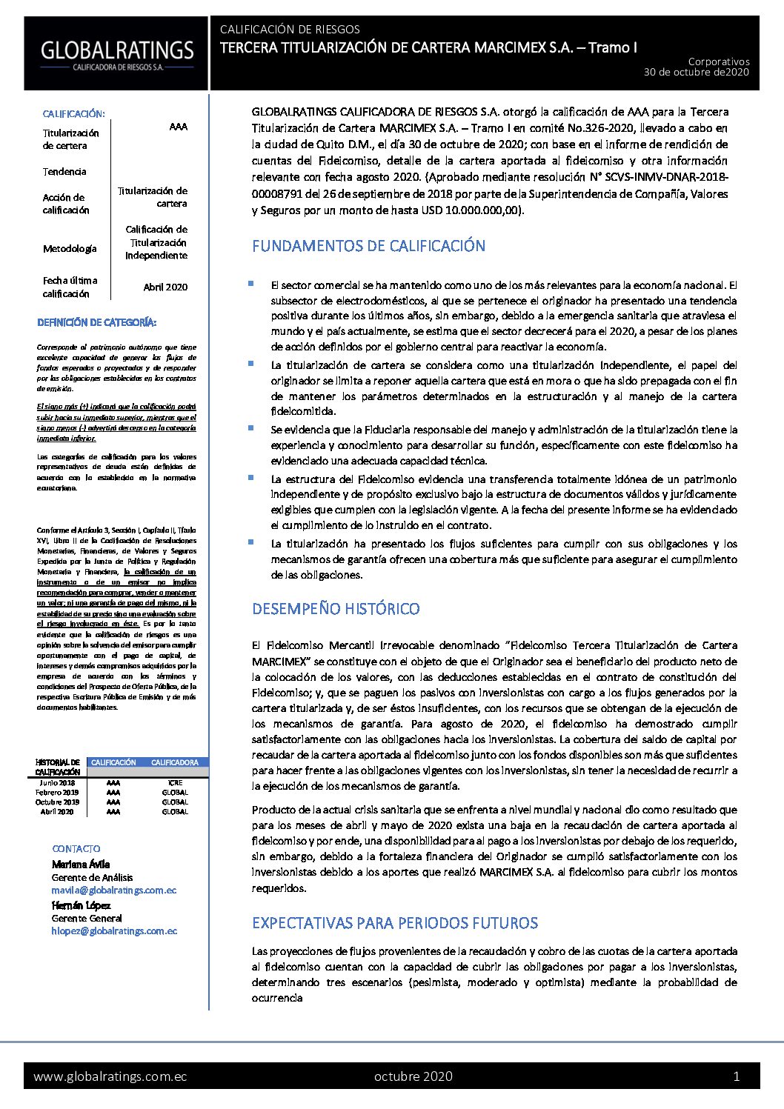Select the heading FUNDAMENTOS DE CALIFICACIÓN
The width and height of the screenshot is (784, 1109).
click(368, 246)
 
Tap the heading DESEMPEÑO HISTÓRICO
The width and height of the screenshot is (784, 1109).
click(336, 609)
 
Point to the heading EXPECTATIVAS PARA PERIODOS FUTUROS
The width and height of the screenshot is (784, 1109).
click(394, 923)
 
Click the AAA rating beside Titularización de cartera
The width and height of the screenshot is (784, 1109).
click(178, 127)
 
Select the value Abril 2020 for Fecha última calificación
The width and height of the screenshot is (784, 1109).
click(165, 287)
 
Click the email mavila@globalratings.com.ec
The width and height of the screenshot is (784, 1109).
click(114, 890)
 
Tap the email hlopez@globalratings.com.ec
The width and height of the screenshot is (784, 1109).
click(114, 931)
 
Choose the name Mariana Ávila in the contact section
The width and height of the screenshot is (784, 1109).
click(81, 864)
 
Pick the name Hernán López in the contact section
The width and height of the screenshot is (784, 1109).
click(81, 905)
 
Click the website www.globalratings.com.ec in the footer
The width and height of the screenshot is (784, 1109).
click(110, 1076)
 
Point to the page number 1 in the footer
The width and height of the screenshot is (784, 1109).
click(736, 1076)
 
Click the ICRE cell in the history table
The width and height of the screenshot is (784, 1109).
click(175, 783)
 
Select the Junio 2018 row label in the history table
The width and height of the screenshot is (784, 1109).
click(57, 783)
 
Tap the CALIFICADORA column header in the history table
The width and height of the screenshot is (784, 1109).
click(175, 762)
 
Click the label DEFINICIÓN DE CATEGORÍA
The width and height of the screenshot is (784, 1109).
click(96, 323)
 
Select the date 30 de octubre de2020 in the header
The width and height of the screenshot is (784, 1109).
click(696, 73)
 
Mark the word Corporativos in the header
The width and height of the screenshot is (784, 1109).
click(718, 62)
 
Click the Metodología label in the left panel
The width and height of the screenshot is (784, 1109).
click(70, 249)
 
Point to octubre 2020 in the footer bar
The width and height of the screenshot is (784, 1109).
click(413, 1076)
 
